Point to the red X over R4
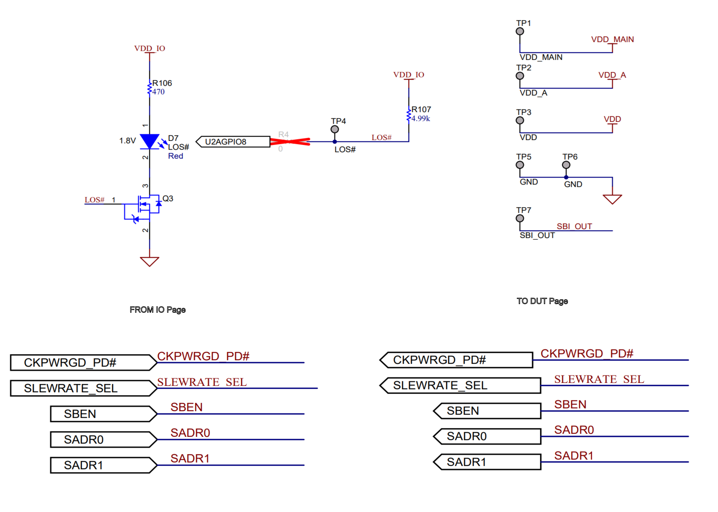coord(290,142)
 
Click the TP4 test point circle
coord(335,129)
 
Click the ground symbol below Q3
coord(149,261)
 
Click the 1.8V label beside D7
coord(127,141)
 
